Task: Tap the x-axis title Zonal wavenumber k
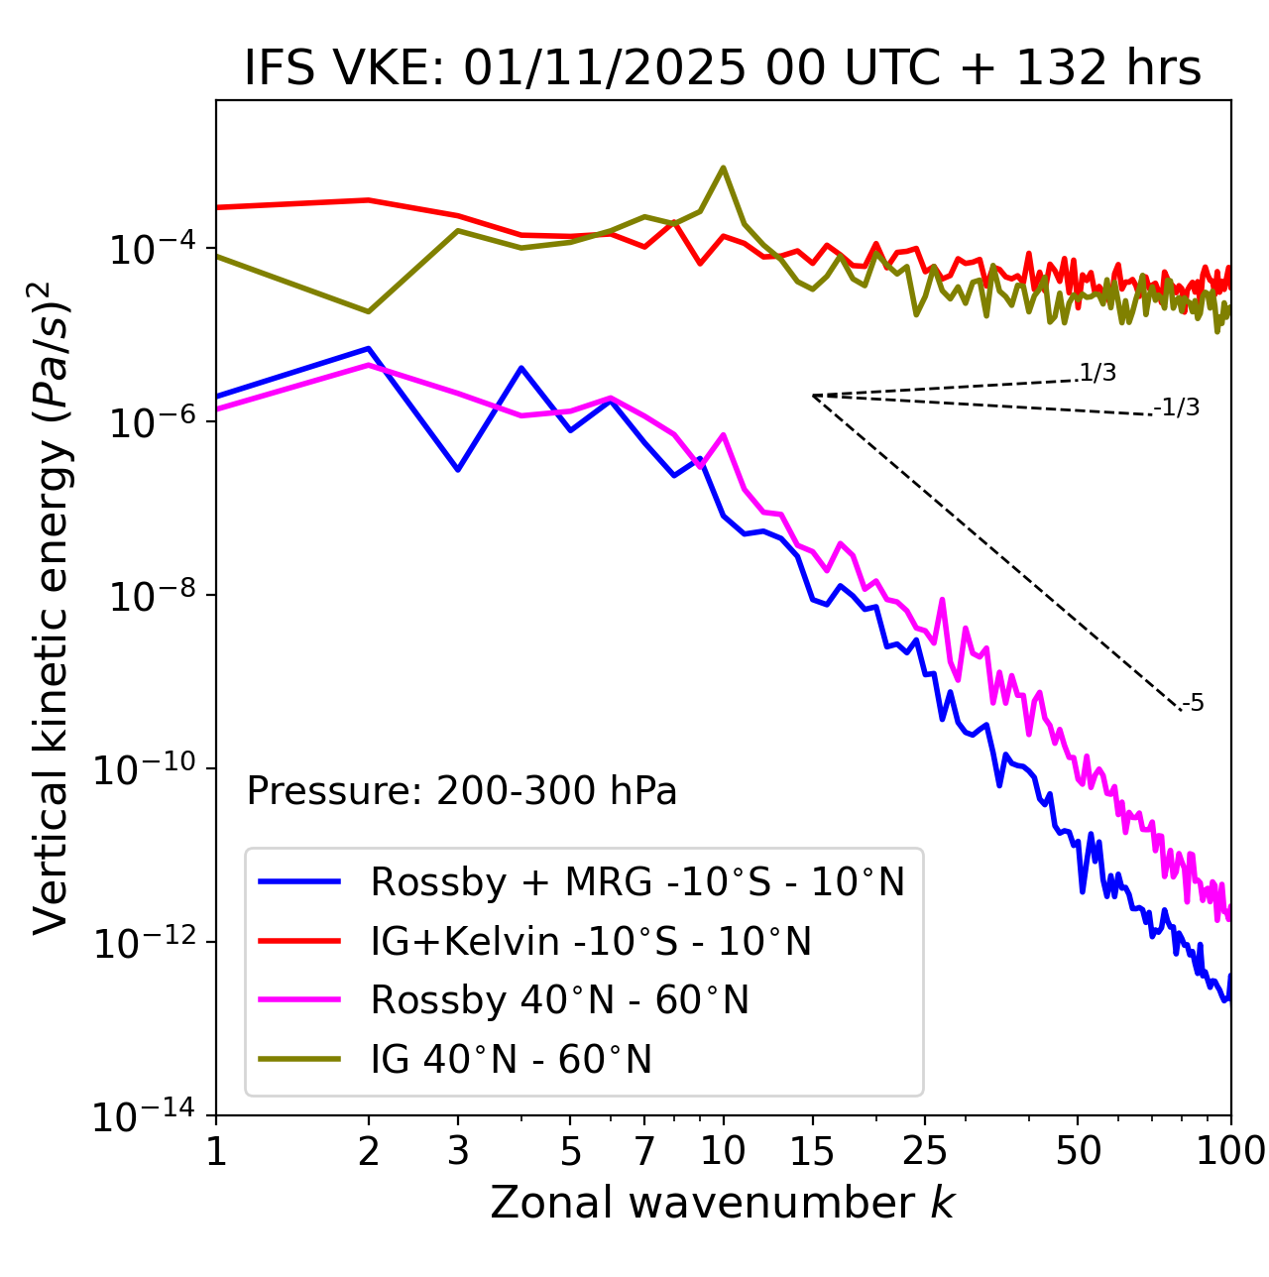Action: [x=722, y=1202]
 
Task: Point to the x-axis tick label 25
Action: [x=924, y=1150]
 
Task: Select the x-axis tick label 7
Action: [x=644, y=1150]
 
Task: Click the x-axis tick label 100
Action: [x=1231, y=1150]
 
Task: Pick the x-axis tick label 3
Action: [x=457, y=1150]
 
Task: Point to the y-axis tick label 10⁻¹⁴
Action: [x=145, y=1116]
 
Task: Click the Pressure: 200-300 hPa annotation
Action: [x=461, y=791]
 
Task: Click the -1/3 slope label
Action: [x=1177, y=407]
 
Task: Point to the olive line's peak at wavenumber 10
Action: [x=723, y=168]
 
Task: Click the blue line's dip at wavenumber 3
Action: [x=457, y=469]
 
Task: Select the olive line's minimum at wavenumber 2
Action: [x=369, y=311]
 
